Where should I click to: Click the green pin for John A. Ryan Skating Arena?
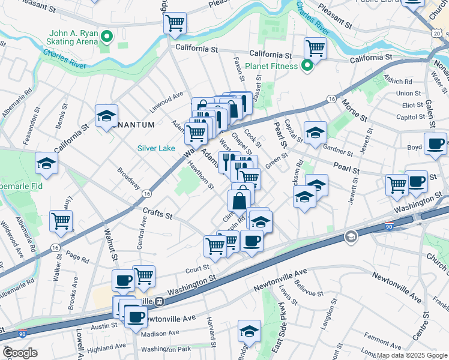tap(107, 37)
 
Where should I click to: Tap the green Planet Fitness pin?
tap(307, 66)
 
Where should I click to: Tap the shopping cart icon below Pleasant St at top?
tap(175, 23)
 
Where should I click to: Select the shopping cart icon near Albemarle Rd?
tap(61, 220)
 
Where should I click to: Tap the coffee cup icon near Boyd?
tap(435, 143)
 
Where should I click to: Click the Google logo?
tap(19, 353)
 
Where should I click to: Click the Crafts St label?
tap(158, 213)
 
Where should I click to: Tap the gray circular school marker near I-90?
tap(350, 238)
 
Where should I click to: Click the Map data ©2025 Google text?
tap(411, 355)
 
